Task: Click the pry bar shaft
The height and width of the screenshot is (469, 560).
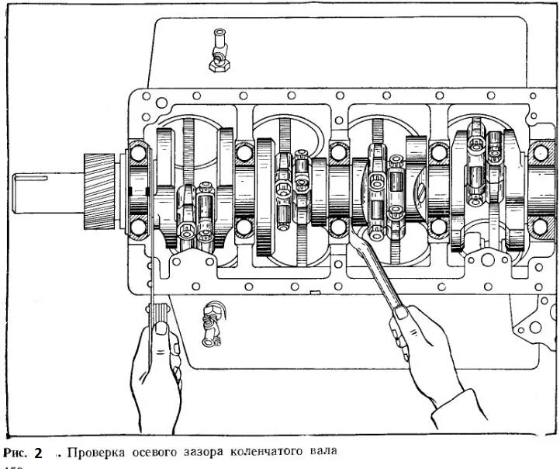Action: click(380, 272)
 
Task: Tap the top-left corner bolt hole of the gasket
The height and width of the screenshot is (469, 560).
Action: click(140, 101)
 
